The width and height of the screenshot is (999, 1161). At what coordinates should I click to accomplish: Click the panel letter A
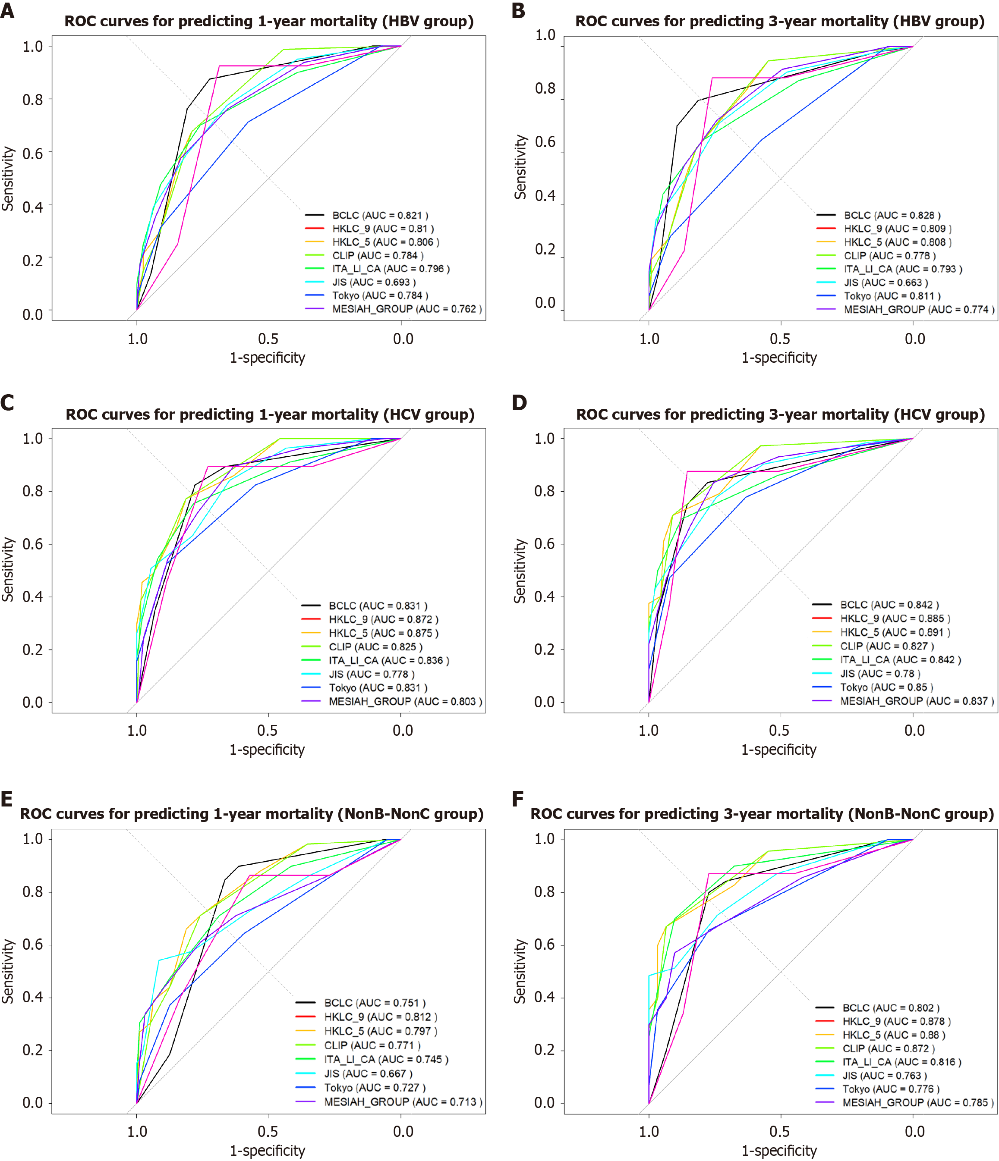pyautogui.click(x=7, y=11)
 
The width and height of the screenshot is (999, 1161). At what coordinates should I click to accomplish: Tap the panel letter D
pyautogui.click(x=519, y=403)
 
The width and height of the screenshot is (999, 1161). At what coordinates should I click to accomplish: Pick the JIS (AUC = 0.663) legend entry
pyautogui.click(x=886, y=282)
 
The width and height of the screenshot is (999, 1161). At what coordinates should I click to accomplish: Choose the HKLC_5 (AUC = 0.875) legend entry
pyautogui.click(x=384, y=633)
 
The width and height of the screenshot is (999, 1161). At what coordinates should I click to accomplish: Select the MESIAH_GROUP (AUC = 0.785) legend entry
pyautogui.click(x=918, y=1103)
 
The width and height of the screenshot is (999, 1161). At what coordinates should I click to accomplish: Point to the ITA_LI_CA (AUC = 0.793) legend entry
pyautogui.click(x=903, y=269)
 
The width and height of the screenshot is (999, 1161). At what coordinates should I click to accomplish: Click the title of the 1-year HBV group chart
pyautogui.click(x=269, y=21)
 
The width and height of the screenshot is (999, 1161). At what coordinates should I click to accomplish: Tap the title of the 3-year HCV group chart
pyautogui.click(x=780, y=414)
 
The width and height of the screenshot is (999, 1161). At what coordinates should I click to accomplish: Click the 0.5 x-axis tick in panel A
pyautogui.click(x=268, y=339)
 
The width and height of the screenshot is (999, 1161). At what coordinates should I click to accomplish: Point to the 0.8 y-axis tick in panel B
pyautogui.click(x=545, y=88)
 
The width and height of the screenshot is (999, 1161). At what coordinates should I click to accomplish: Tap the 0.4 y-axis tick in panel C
pyautogui.click(x=32, y=597)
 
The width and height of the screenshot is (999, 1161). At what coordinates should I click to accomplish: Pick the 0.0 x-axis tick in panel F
pyautogui.click(x=914, y=1131)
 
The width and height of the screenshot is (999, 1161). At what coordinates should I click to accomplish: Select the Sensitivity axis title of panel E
pyautogui.click(x=8, y=971)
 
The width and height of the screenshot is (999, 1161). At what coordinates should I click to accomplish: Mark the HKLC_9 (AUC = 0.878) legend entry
pyautogui.click(x=896, y=1021)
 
